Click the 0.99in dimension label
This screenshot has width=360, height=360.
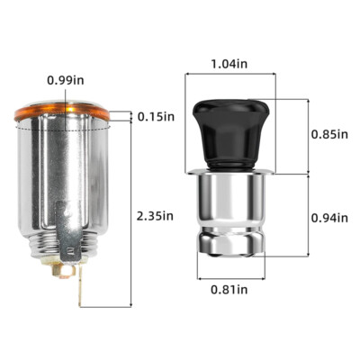(66, 80)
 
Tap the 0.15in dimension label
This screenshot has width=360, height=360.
(156, 116)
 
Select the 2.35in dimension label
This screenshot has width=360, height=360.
(155, 216)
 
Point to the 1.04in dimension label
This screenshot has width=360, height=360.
(229, 63)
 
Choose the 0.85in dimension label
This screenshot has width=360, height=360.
(329, 134)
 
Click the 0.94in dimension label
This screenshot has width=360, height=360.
(329, 218)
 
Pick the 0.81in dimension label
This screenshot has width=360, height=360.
(229, 290)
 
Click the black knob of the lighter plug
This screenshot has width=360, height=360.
(230, 133)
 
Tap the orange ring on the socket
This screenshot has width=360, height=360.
(62, 113)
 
